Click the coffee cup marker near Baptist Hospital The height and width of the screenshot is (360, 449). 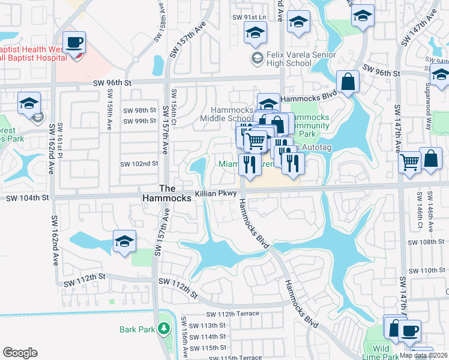point(74,43)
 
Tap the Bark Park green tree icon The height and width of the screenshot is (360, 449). point(163,329)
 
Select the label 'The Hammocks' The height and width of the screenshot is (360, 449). point(167,192)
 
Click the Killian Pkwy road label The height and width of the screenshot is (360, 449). point(216,194)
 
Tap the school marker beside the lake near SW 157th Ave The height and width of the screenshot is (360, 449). point(124,242)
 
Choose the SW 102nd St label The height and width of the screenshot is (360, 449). point(139,163)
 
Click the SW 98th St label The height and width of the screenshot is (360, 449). point(139,110)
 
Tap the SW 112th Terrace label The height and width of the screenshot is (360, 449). point(233,314)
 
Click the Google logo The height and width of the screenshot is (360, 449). point(20,352)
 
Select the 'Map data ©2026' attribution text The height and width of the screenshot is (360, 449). point(424,355)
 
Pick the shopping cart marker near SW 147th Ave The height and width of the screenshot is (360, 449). point(409,161)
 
